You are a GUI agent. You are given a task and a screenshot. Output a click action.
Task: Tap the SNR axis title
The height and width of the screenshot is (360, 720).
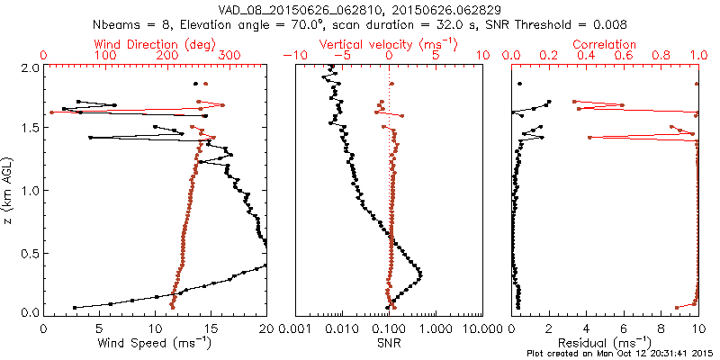tap(389, 344)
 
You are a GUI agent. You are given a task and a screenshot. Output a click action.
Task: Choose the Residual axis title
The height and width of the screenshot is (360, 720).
tap(606, 344)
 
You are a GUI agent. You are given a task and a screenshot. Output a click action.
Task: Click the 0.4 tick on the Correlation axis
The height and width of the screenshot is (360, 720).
tap(587, 56)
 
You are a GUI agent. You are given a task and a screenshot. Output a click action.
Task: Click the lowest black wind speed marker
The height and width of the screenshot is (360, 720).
tap(74, 307)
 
